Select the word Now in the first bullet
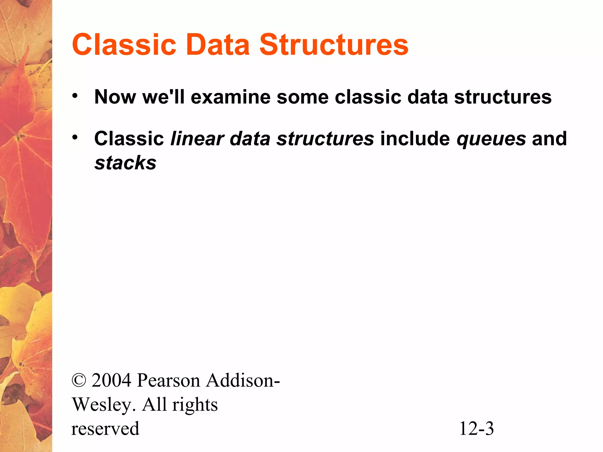(x=115, y=97)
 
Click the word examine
(x=231, y=97)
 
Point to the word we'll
(x=163, y=97)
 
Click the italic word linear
(x=197, y=139)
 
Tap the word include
(x=415, y=139)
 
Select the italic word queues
(x=491, y=139)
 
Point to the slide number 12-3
(x=476, y=428)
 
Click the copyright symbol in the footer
(x=79, y=380)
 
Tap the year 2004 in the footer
(x=111, y=380)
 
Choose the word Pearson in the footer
(x=168, y=380)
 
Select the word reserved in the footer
(x=105, y=428)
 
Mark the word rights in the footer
(x=195, y=405)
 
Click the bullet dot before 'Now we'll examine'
(x=75, y=96)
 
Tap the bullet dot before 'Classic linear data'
(x=75, y=137)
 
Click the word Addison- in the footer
(x=243, y=380)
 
